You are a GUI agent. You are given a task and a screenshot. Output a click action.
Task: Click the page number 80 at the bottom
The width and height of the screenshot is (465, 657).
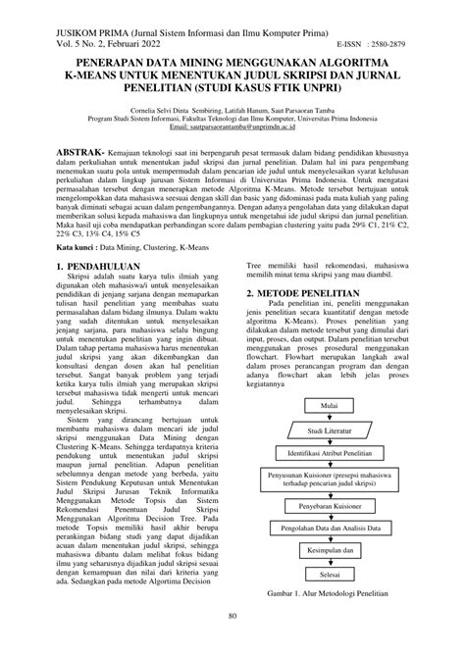click(x=232, y=643)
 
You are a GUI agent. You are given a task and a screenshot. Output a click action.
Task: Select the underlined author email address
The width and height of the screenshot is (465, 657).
click(x=232, y=128)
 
